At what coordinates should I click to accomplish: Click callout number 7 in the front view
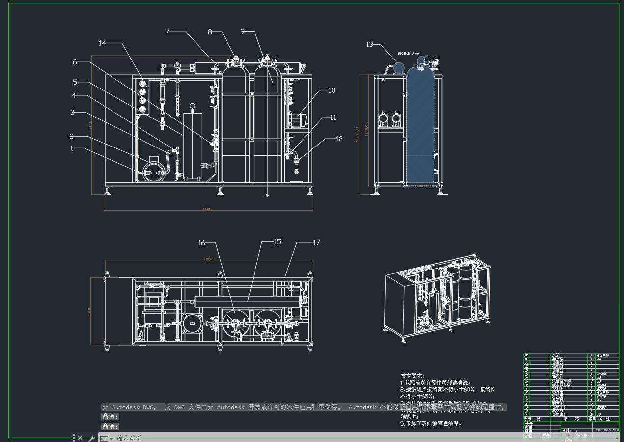pyautogui.click(x=168, y=31)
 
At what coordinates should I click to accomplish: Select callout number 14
pyautogui.click(x=102, y=43)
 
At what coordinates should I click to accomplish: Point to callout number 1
pyautogui.click(x=72, y=148)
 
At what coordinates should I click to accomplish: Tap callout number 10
pyautogui.click(x=332, y=90)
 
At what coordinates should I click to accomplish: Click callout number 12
pyautogui.click(x=339, y=139)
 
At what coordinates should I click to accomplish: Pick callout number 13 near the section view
pyautogui.click(x=369, y=45)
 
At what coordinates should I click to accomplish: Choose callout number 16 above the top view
pyautogui.click(x=201, y=243)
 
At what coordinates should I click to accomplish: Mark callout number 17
pyautogui.click(x=316, y=242)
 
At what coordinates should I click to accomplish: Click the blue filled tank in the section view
pyautogui.click(x=421, y=128)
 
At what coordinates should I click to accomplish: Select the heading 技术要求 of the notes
pyautogui.click(x=412, y=376)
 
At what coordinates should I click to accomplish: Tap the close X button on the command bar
pyautogui.click(x=80, y=438)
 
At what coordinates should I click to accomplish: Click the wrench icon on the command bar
pyautogui.click(x=91, y=438)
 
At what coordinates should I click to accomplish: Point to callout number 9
pyautogui.click(x=243, y=31)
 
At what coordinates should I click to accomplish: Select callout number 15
pyautogui.click(x=277, y=242)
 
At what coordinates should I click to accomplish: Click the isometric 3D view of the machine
pyautogui.click(x=437, y=297)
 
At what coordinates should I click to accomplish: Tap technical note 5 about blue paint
pyautogui.click(x=431, y=423)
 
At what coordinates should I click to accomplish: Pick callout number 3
pyautogui.click(x=72, y=112)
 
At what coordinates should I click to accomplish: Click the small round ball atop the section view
pyautogui.click(x=399, y=67)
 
